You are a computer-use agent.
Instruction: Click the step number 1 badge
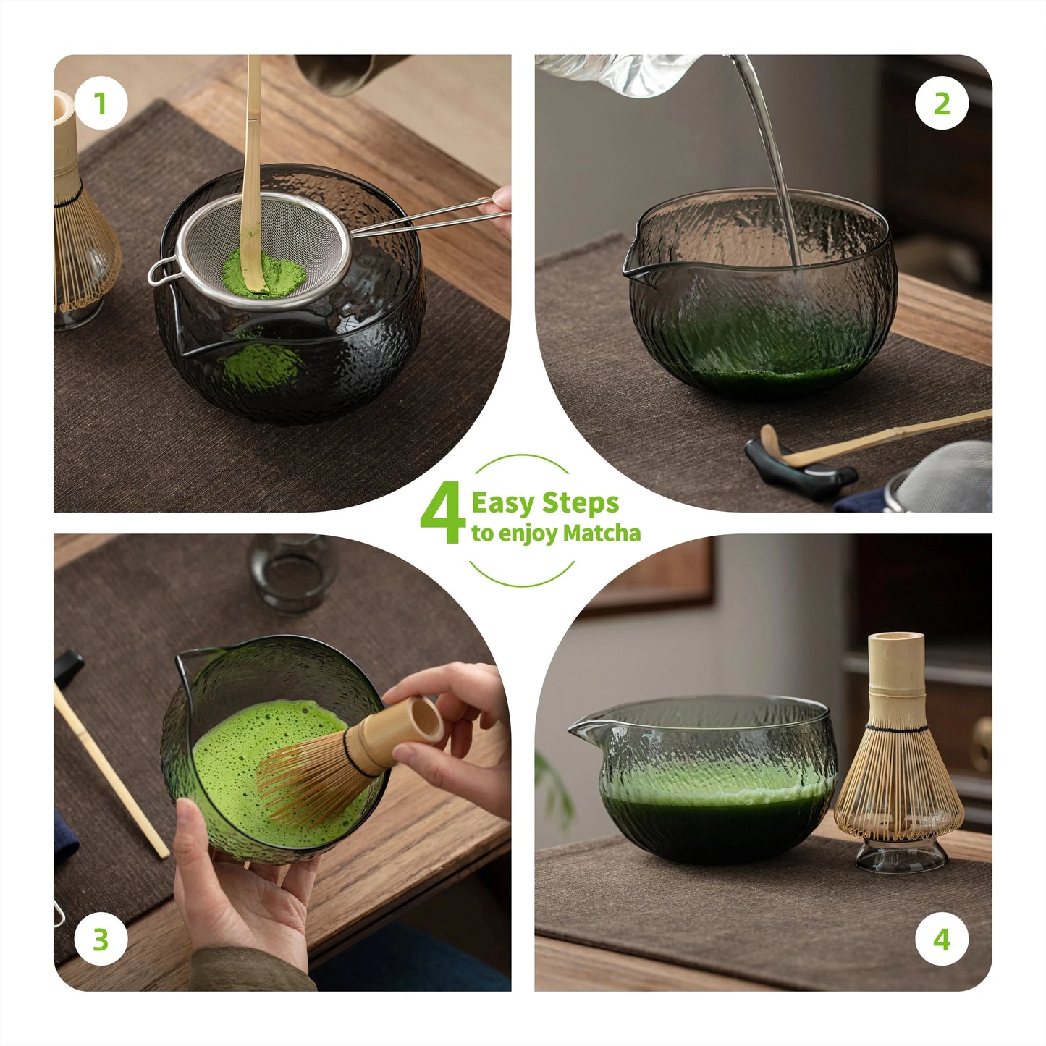point(101,103)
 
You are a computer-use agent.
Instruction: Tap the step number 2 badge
point(942,103)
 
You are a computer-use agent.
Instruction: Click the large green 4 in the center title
point(442,513)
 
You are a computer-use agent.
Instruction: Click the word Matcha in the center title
point(602,533)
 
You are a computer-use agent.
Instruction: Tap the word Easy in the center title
point(502,504)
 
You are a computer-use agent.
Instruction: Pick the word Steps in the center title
point(581,504)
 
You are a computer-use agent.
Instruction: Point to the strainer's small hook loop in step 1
point(161,271)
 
